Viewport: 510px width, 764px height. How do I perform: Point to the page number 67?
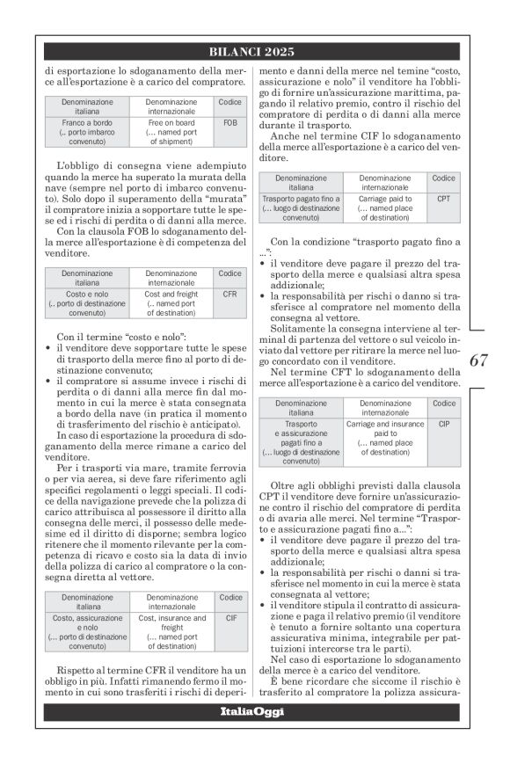478,360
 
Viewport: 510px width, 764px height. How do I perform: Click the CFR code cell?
229,295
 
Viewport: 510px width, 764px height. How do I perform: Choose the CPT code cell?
443,200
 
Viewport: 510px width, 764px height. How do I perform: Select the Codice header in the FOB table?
229,102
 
